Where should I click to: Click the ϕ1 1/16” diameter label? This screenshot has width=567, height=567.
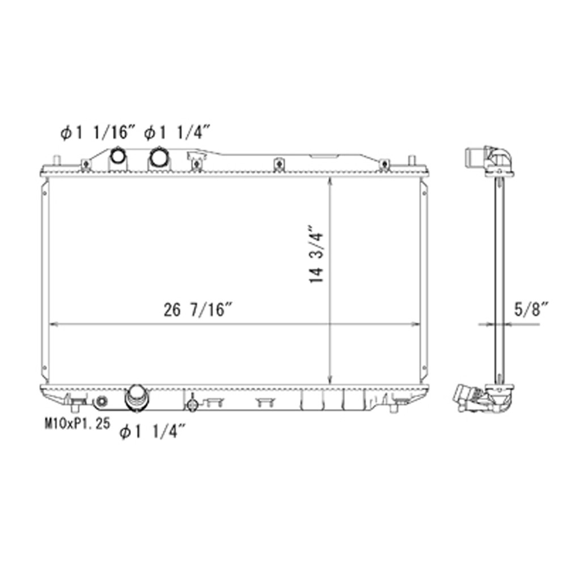[98, 134]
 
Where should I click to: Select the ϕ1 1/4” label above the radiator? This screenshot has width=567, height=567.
[177, 134]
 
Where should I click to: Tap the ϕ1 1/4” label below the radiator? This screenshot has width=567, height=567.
[153, 432]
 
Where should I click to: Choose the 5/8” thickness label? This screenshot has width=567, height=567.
[531, 310]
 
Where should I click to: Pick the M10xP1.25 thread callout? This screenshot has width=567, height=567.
[77, 423]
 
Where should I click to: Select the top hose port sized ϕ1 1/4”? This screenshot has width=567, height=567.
[157, 155]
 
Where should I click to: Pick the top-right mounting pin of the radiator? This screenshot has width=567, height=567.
[412, 159]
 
